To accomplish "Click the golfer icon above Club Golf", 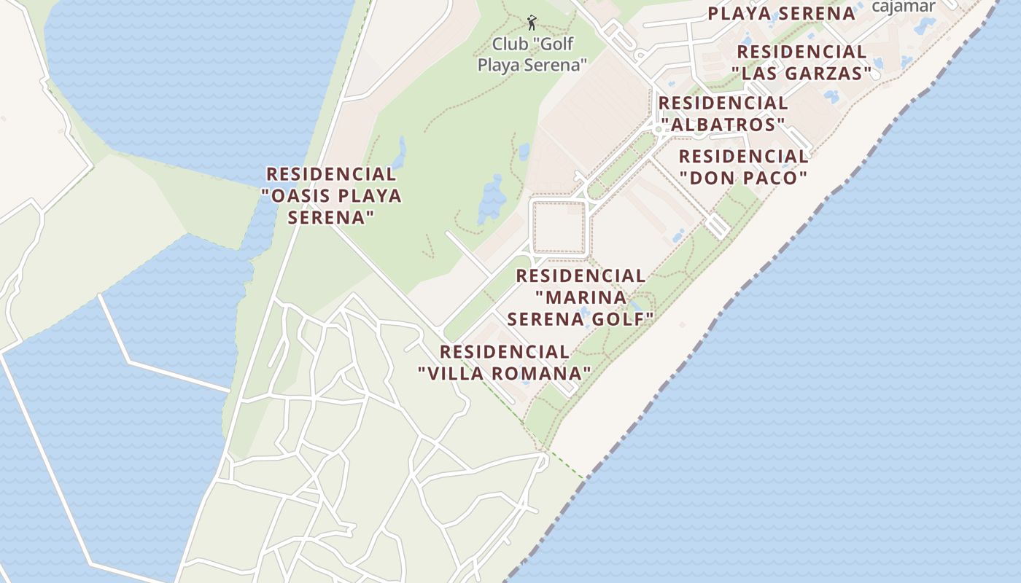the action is click(x=532, y=22).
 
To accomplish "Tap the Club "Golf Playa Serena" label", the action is click(x=532, y=55).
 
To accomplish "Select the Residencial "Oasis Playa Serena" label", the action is click(x=331, y=195).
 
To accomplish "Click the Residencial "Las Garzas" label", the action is click(x=801, y=63).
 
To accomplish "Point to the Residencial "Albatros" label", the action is click(x=723, y=114).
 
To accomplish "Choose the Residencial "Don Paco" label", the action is click(x=743, y=167).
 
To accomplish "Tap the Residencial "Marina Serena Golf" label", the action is click(x=581, y=297).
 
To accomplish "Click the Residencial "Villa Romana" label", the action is click(x=504, y=362).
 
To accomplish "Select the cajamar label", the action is click(x=904, y=7).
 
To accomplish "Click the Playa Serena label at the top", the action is click(x=781, y=13).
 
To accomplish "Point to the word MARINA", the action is click(x=581, y=297).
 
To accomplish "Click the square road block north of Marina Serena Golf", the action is click(x=559, y=227).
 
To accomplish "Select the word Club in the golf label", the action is click(x=509, y=44).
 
